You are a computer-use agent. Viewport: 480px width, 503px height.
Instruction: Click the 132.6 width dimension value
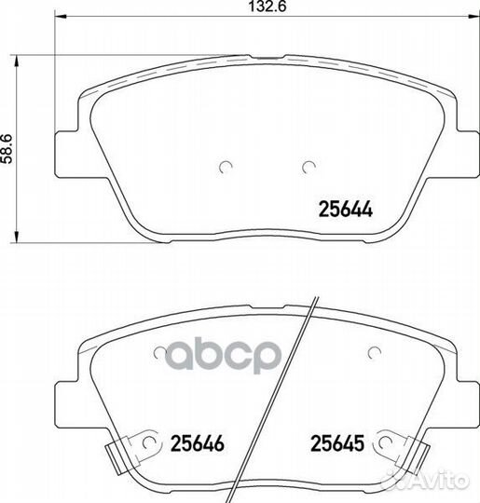click(x=267, y=7)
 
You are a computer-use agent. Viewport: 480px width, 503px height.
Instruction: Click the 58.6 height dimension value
click(x=7, y=149)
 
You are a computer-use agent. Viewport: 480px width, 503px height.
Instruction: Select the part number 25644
click(x=345, y=210)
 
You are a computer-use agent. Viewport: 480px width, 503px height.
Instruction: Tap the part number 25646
click(x=198, y=443)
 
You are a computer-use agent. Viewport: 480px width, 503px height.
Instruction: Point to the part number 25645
click(x=337, y=443)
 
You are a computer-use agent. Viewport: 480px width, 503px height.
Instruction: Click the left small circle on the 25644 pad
click(x=226, y=167)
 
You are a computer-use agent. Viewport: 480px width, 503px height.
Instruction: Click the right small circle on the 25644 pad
click(x=309, y=167)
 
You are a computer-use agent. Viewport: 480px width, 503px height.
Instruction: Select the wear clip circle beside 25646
click(x=148, y=443)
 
